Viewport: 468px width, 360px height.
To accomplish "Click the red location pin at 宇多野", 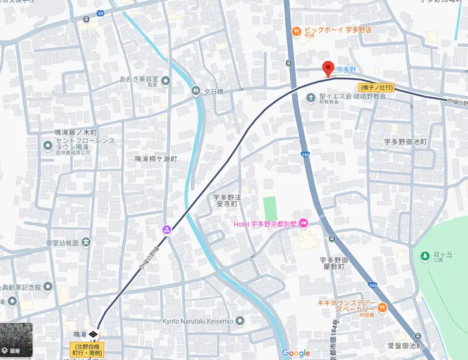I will tap(328, 68).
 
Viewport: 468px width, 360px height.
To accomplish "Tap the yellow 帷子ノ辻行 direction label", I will tap(378, 87).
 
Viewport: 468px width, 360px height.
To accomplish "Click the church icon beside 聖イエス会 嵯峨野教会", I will tap(311, 97).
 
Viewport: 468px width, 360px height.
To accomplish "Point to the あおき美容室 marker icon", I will tap(166, 80).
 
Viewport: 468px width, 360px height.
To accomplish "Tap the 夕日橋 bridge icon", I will tap(195, 91).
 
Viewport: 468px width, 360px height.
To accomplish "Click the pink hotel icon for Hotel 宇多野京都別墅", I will tap(304, 223).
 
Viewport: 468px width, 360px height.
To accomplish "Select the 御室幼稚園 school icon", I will tap(86, 242).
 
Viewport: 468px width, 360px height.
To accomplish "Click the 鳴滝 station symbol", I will tap(93, 333).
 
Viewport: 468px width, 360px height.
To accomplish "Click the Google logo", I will tap(295, 353).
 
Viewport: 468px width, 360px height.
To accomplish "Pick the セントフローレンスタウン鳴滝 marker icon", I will tap(47, 146).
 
